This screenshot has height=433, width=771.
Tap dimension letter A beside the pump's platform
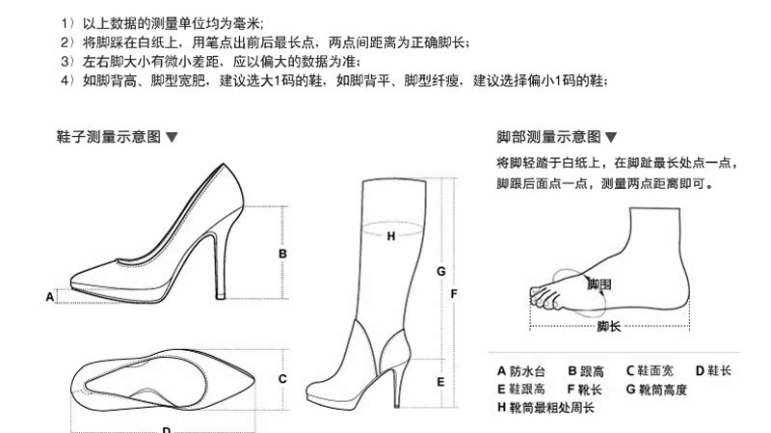[x=50, y=297]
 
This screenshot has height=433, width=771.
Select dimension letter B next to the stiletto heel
[x=282, y=254]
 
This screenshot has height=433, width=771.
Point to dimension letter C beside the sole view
[x=282, y=379]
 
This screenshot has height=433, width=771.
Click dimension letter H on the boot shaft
[x=390, y=235]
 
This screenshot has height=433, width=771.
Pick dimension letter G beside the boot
[x=440, y=272]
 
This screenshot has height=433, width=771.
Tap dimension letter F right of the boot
[x=454, y=293]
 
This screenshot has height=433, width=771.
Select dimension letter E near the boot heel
[x=440, y=382]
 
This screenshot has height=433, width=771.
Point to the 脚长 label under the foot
[x=608, y=327]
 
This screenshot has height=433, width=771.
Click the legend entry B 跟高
[x=585, y=370]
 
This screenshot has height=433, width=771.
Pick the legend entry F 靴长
[x=585, y=389]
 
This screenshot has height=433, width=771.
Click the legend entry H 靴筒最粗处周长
[x=545, y=408]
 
